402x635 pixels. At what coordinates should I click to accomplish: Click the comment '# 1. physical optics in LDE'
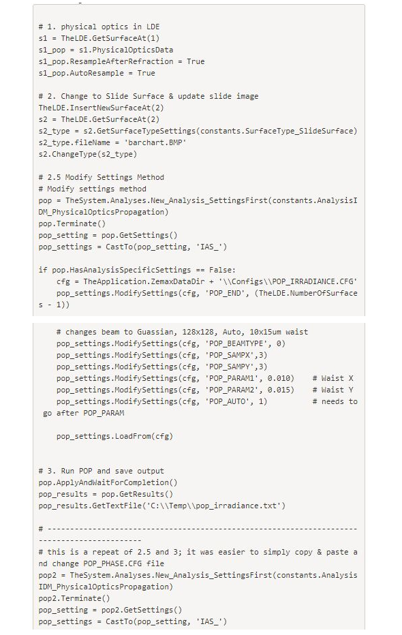(99, 27)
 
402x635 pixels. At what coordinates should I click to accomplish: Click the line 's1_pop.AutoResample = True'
(97, 74)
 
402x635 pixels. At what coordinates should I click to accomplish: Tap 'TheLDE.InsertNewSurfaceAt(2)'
(102, 108)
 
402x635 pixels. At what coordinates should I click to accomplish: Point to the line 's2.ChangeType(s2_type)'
(88, 154)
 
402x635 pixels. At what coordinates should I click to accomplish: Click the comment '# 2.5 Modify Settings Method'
(102, 177)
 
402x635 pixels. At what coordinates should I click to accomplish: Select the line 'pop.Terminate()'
(72, 223)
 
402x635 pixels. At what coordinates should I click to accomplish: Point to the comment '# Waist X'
(333, 378)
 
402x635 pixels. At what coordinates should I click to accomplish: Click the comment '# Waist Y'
(333, 390)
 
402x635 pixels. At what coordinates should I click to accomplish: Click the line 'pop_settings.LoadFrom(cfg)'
(114, 436)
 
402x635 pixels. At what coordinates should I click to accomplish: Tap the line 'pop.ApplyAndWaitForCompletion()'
(108, 483)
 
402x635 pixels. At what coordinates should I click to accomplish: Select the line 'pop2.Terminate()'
(74, 599)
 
